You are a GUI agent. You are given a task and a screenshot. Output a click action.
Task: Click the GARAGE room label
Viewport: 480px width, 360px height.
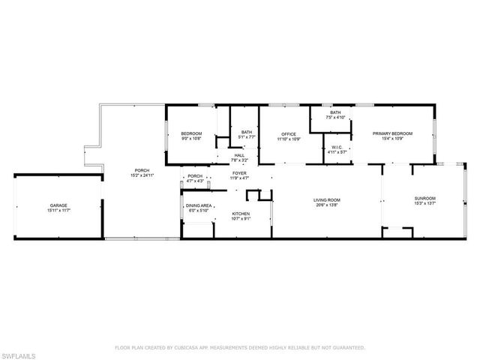tap(57, 205)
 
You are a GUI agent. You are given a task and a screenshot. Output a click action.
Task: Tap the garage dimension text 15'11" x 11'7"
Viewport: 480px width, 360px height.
tap(57, 211)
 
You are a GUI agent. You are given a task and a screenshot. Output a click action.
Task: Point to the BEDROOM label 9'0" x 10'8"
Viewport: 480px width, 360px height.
tap(192, 133)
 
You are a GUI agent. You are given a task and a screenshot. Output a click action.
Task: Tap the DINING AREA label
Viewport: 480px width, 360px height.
tap(199, 205)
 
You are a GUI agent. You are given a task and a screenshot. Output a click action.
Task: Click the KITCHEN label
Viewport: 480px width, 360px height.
tap(241, 214)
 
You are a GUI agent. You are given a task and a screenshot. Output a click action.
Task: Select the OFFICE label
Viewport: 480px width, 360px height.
tap(289, 133)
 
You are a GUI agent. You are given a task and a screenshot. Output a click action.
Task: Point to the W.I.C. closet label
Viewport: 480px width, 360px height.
tap(337, 147)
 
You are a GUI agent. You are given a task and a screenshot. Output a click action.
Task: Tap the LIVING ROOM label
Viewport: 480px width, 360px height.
tap(327, 199)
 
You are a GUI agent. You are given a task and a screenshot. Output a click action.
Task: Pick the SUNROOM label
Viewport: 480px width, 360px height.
tap(424, 198)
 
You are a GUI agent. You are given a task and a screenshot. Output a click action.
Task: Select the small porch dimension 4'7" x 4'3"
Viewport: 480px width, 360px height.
tap(195, 181)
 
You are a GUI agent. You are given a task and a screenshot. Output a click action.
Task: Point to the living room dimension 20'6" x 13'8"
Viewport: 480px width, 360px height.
tap(327, 204)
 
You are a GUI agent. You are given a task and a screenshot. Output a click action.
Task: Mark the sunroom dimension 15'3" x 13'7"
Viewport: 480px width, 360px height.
tap(424, 203)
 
